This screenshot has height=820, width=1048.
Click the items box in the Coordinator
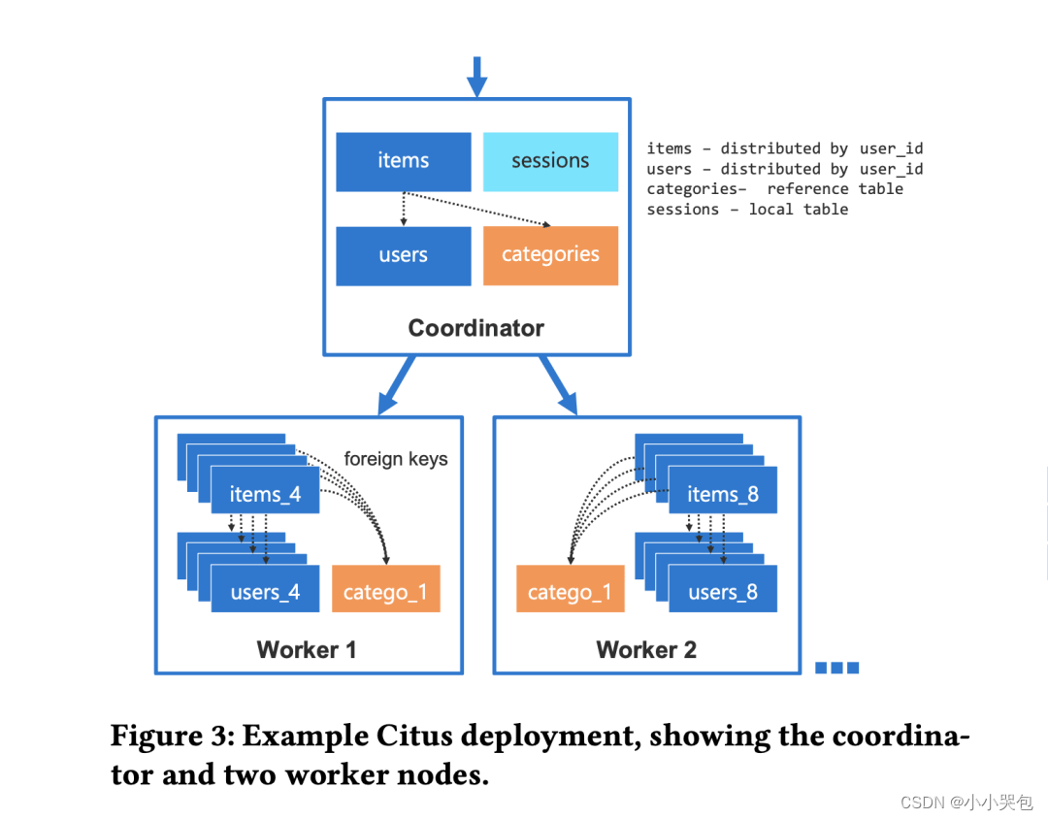pyautogui.click(x=403, y=161)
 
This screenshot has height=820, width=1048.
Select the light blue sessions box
pyautogui.click(x=550, y=161)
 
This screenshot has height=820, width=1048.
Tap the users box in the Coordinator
pyautogui.click(x=403, y=255)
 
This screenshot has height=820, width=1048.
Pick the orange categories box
pyautogui.click(x=550, y=255)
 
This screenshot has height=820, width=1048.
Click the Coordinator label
pyautogui.click(x=475, y=328)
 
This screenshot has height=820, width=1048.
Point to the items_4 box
pyautogui.click(x=265, y=495)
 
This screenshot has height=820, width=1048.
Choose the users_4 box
pyautogui.click(x=265, y=592)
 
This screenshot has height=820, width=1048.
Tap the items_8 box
pyautogui.click(x=723, y=495)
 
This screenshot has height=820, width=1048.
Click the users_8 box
pyautogui.click(x=723, y=592)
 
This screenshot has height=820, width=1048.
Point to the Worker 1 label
pyautogui.click(x=307, y=650)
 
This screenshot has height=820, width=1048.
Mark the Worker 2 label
pyautogui.click(x=646, y=650)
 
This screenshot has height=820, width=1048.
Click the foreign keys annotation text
pyautogui.click(x=396, y=459)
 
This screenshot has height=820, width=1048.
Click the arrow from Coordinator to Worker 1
pyautogui.click(x=398, y=383)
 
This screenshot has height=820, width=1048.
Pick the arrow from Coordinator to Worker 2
pyautogui.click(x=559, y=383)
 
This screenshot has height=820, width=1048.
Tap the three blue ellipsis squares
pyautogui.click(x=836, y=667)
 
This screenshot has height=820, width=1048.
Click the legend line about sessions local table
pyautogui.click(x=747, y=210)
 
